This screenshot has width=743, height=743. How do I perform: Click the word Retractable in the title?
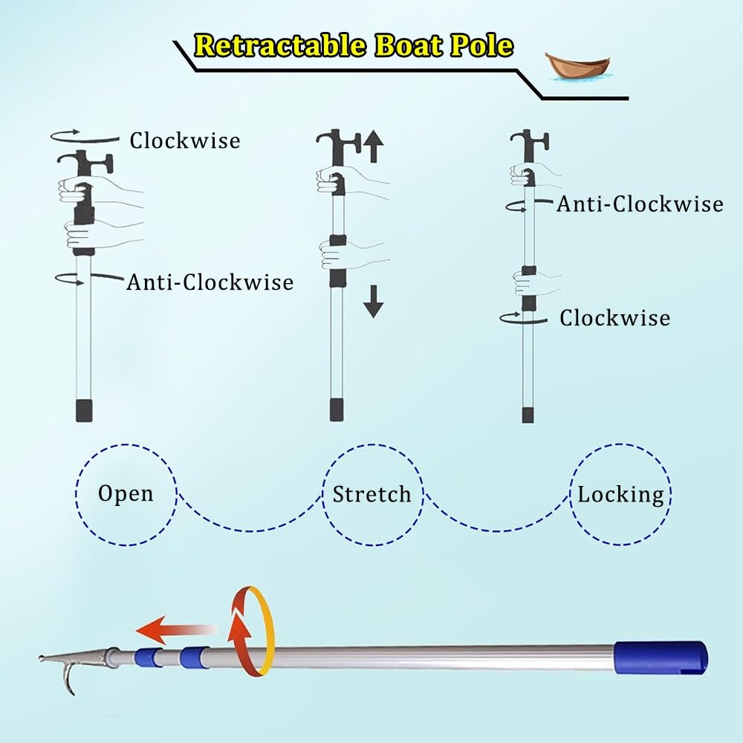point(280,45)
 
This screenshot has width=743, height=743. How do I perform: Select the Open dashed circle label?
point(126,494)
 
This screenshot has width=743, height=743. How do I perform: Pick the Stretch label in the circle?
point(372,494)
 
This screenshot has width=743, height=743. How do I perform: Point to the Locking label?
point(620,495)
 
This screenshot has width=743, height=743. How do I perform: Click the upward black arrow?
point(374,146)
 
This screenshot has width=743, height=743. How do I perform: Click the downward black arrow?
point(374,302)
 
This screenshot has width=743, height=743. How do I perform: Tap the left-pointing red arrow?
point(176,630)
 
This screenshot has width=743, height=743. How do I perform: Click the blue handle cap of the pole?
point(661,658)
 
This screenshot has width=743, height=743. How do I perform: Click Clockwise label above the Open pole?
point(185,140)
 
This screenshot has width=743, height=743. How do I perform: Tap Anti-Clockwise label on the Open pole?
point(210,282)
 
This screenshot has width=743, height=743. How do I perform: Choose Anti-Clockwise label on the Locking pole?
point(640,204)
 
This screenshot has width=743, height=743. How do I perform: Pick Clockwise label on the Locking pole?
point(614,317)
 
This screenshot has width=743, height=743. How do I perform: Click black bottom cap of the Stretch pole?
point(337,410)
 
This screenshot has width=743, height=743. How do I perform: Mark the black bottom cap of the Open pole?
point(84,411)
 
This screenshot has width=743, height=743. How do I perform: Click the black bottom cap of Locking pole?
point(528,415)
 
